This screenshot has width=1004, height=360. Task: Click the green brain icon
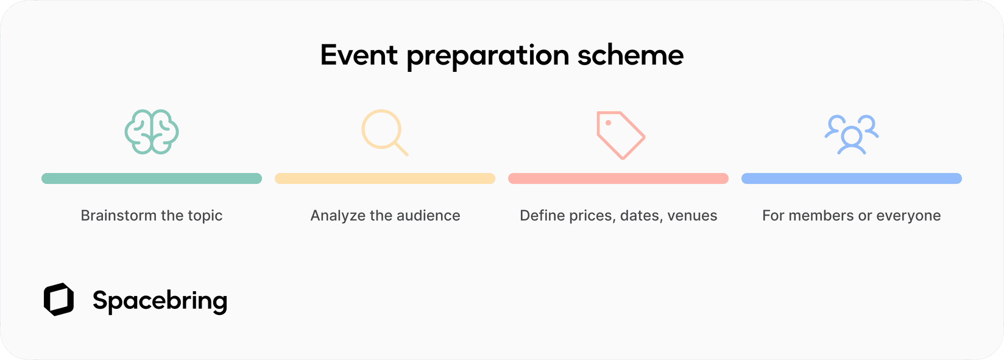click(152, 132)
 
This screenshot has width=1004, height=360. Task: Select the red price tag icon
click(620, 135)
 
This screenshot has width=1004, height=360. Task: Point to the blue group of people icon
click(851, 134)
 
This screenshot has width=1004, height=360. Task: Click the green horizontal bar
click(152, 178)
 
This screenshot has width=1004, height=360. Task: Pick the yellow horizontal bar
click(385, 178)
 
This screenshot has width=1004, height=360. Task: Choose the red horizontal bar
click(618, 178)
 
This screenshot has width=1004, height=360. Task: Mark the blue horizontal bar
click(852, 178)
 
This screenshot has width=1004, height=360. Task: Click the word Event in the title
click(359, 55)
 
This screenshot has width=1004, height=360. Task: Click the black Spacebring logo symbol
click(58, 300)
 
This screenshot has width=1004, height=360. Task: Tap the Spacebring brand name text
click(160, 301)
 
